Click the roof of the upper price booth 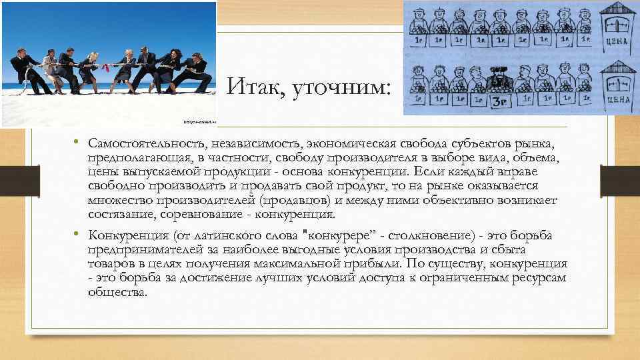pos(615,9)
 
